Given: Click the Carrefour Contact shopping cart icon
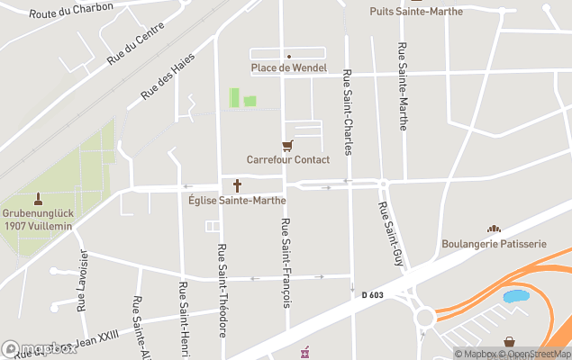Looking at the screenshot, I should [287, 146].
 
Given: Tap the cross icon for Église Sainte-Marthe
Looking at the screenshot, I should [238, 186].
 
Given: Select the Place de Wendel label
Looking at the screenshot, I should [288, 68].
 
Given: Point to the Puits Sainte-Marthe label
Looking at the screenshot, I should [416, 11].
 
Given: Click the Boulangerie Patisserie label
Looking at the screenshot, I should [494, 244].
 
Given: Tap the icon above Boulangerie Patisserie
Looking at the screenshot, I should [494, 230].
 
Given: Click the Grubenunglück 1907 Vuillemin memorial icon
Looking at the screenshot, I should [38, 198].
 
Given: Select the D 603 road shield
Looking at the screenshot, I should [372, 294].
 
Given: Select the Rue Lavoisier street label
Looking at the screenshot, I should [82, 280].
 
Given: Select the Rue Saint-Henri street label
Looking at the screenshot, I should [183, 310].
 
